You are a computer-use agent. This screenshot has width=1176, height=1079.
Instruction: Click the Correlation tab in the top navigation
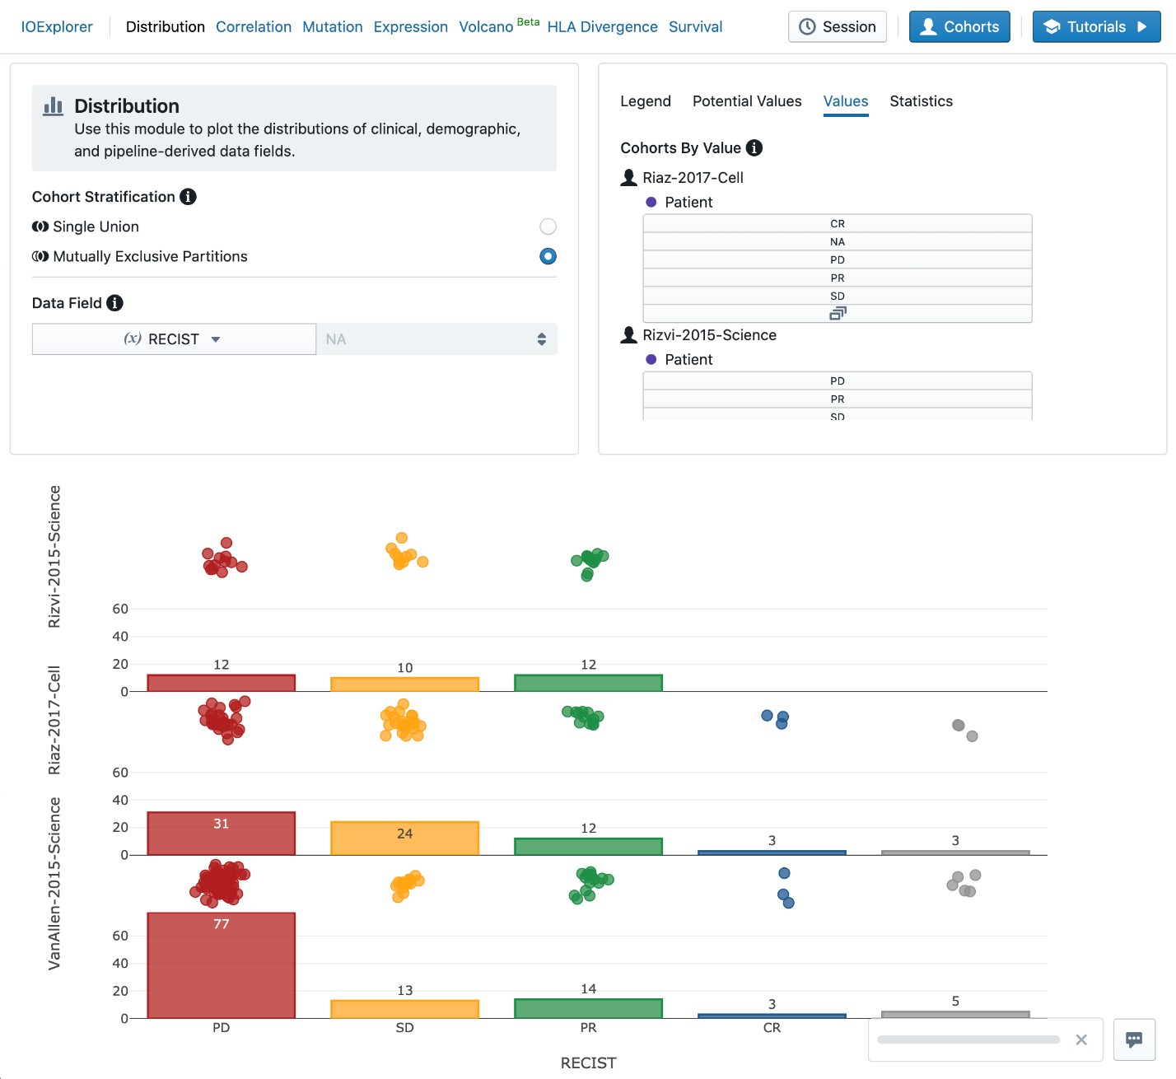click(253, 27)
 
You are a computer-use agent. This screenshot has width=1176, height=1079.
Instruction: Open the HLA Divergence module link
click(602, 27)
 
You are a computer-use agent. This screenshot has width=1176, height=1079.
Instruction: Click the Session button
click(837, 27)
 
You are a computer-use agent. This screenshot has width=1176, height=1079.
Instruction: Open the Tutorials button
click(1095, 27)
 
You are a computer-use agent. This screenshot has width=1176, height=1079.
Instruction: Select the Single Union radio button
click(548, 227)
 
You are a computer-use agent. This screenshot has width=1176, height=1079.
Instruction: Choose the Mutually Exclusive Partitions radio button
click(548, 256)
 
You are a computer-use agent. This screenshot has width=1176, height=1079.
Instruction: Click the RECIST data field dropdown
click(174, 339)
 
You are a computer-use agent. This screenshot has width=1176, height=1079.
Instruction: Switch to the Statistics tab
click(921, 101)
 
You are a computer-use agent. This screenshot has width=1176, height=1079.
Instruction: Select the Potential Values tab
click(746, 101)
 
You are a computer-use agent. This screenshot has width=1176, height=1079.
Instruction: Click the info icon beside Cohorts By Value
click(754, 148)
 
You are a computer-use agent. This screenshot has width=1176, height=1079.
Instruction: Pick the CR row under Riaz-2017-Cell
click(837, 224)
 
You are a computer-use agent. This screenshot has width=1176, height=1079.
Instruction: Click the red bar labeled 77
click(221, 965)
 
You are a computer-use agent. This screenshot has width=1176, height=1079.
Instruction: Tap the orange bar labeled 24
click(404, 838)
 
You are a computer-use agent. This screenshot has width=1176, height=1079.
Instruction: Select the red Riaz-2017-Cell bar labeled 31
click(221, 834)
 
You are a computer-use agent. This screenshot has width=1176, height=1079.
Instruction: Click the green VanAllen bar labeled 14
click(588, 1008)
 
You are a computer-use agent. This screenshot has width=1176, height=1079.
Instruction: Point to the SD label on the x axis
click(404, 1028)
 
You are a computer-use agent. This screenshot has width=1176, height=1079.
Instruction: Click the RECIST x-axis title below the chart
click(588, 1063)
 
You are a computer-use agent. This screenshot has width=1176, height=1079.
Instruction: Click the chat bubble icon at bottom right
click(1134, 1039)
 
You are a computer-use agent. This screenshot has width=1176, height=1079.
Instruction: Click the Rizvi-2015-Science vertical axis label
click(54, 557)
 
